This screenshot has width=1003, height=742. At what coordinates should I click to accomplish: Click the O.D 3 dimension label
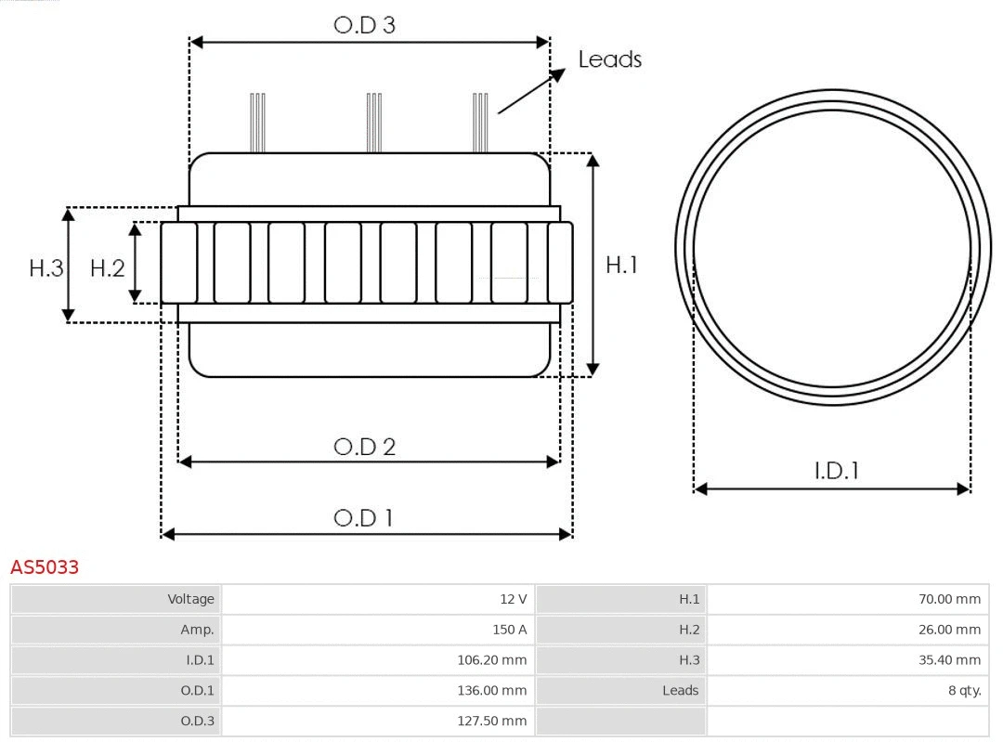tap(364, 25)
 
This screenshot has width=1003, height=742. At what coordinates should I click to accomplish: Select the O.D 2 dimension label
tap(364, 447)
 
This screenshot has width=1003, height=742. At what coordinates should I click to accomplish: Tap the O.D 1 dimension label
tap(363, 517)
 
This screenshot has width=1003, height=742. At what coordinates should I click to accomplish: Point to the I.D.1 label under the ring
tap(836, 471)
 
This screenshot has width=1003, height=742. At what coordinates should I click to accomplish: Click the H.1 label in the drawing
tap(621, 265)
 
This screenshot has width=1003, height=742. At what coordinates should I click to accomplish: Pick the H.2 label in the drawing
tap(107, 268)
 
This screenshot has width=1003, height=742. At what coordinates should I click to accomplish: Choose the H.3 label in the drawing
tap(46, 268)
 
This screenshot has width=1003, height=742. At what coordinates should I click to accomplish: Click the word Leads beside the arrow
tap(609, 59)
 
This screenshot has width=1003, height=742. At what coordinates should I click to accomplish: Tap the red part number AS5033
tap(45, 566)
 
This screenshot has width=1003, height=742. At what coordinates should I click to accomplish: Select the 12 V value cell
tap(513, 599)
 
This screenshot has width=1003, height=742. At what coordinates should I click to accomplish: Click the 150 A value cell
tap(509, 630)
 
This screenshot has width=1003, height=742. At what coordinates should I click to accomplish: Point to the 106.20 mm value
tap(500, 660)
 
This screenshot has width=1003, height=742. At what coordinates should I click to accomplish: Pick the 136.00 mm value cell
tap(500, 691)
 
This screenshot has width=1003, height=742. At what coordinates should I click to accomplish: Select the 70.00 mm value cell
tap(949, 599)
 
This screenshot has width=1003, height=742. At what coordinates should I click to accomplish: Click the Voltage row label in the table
tap(190, 599)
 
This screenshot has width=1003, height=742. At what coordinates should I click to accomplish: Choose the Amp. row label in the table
tap(197, 630)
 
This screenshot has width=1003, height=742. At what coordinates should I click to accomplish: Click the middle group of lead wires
tap(374, 122)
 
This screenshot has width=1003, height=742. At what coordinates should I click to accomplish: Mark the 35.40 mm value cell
tap(949, 660)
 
